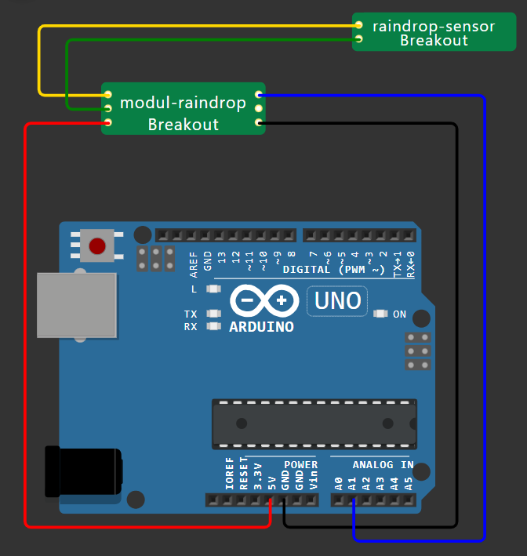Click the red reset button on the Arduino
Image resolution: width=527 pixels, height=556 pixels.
(97, 246)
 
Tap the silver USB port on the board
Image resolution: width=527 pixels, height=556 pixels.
(77, 306)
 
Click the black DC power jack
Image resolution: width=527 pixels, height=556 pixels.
(83, 472)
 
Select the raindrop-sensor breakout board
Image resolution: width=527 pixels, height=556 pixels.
(433, 32)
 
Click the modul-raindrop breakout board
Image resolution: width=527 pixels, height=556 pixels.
(184, 109)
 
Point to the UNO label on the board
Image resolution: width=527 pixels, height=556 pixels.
(337, 300)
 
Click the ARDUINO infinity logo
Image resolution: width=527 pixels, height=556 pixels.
(263, 300)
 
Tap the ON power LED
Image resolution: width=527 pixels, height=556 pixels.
(381, 314)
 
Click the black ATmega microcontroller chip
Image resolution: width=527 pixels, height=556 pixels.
(314, 423)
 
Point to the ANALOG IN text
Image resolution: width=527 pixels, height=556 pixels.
(383, 465)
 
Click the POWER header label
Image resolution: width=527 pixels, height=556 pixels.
(300, 465)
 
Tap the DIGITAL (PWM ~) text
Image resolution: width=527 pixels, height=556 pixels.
(335, 270)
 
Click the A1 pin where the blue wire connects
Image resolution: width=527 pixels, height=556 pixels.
(353, 500)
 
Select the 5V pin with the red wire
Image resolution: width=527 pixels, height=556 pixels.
(271, 500)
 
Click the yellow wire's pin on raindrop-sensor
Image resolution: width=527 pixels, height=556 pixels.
(358, 25)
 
